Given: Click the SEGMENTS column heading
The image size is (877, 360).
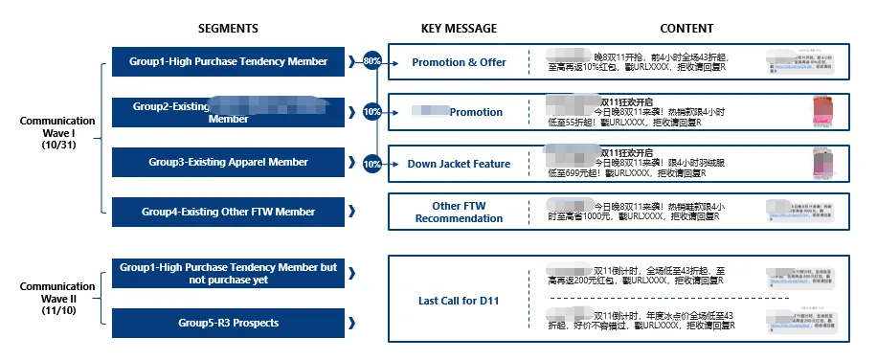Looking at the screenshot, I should click(228, 29).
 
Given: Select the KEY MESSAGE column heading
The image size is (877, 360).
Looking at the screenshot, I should click(459, 29).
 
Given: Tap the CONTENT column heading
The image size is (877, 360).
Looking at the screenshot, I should click(686, 29).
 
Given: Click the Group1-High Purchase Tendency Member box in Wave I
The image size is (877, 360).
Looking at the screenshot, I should click(228, 62).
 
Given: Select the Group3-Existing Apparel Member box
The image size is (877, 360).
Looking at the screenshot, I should click(228, 162).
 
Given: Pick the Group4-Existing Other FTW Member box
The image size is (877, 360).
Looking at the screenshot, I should click(228, 211).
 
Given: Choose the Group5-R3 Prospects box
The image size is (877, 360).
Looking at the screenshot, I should click(228, 323).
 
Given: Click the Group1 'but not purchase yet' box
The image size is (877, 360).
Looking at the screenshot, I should click(228, 274).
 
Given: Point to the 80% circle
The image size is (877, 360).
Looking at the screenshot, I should click(372, 62).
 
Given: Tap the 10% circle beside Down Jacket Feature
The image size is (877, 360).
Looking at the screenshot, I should click(372, 163).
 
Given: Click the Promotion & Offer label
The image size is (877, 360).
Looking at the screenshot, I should click(459, 62).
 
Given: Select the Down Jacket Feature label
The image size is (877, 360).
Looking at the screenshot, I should click(459, 164).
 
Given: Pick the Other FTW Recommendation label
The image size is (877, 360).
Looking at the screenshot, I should click(459, 212).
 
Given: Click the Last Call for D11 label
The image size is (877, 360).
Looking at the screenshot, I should click(459, 301).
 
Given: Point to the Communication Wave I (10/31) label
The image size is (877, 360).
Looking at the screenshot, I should click(57, 133).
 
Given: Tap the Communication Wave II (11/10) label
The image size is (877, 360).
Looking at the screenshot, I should click(57, 298).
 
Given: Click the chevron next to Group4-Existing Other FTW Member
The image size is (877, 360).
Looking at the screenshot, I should click(352, 211).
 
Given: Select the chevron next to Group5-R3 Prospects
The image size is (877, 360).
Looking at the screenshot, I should click(352, 323).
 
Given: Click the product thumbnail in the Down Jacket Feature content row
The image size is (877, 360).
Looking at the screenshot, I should click(821, 164).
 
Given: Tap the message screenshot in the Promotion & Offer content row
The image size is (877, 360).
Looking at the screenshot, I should click(802, 63).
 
